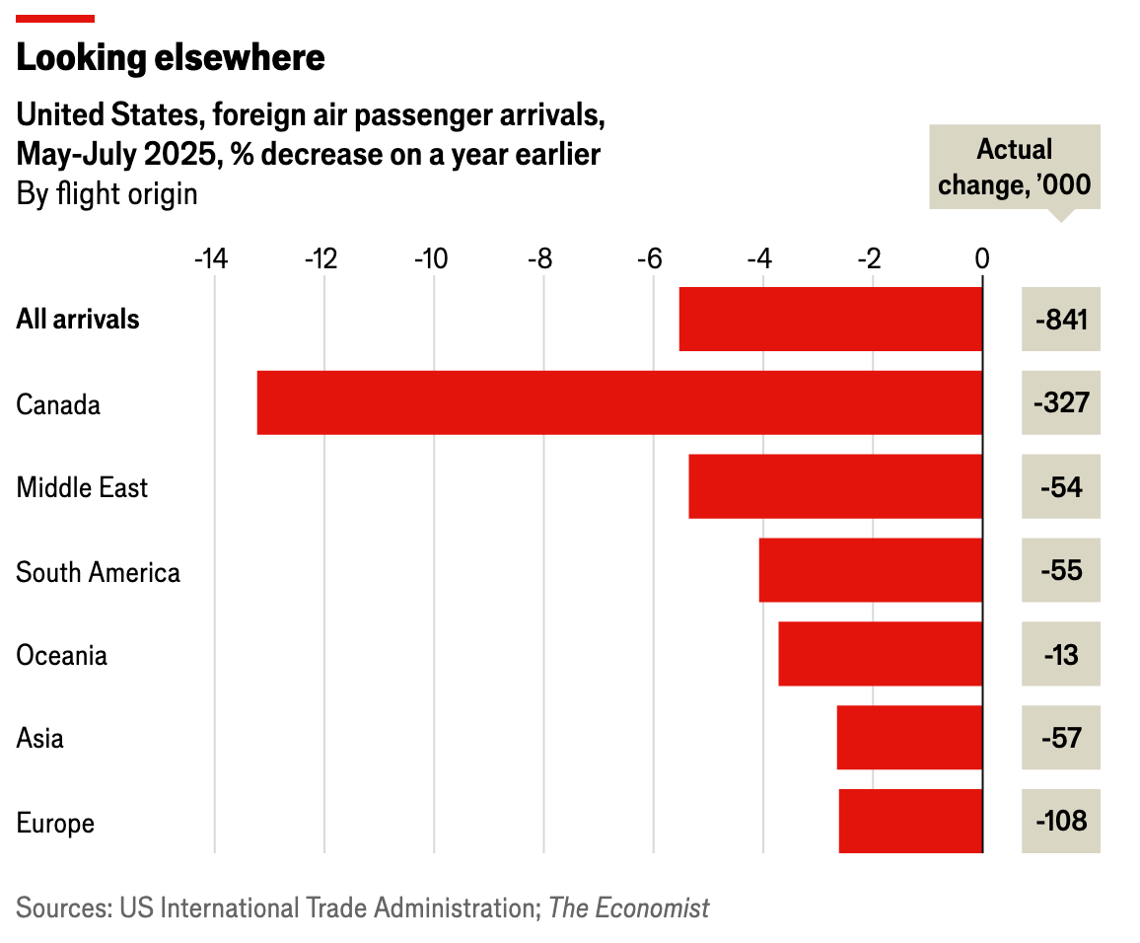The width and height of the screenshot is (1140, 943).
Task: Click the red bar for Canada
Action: pos(619,402)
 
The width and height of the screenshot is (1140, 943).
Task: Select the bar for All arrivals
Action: pos(830,319)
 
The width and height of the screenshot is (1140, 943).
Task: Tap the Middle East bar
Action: pos(835,486)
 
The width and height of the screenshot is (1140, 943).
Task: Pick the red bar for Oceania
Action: pos(880,653)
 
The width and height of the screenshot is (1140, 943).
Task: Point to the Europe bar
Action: pos(910,821)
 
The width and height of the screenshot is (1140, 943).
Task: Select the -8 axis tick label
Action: pos(540,259)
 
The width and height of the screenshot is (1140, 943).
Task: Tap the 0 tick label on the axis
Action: pos(981,259)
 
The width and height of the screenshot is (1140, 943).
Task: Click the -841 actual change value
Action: pos(1061,319)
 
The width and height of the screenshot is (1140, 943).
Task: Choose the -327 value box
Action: pos(1061,402)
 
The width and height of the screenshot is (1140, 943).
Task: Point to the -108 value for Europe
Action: pos(1061,821)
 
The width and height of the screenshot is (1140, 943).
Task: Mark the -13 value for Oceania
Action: pos(1061,654)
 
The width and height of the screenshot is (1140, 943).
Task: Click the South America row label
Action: pos(98,572)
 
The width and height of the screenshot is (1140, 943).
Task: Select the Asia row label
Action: pos(40,738)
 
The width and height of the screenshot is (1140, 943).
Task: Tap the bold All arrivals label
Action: pos(78,320)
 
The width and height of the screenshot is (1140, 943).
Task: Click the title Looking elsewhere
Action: pos(171,58)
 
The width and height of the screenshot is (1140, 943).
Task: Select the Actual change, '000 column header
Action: pos(1015,167)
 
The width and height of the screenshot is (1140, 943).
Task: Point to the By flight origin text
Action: pos(107,193)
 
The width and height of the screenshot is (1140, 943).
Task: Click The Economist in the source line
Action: pos(628,907)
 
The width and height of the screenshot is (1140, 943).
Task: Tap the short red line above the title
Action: pos(55,18)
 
